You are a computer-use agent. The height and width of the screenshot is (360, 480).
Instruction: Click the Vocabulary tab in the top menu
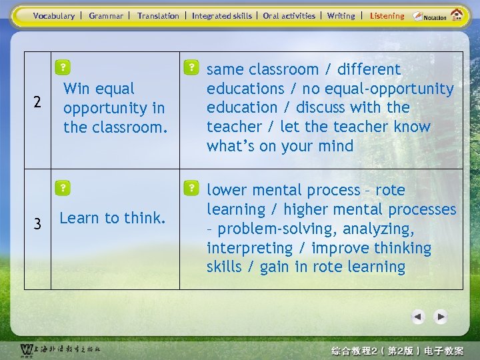[54, 16]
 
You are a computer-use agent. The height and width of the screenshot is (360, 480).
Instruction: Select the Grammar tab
[106, 16]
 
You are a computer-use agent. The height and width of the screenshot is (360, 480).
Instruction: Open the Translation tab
[158, 16]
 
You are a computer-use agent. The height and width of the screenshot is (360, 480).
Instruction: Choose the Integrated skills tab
[222, 16]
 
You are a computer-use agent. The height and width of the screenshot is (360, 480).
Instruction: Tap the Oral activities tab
[289, 16]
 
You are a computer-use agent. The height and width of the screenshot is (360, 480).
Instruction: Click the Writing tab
[341, 16]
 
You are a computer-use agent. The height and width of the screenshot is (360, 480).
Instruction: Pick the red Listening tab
[387, 16]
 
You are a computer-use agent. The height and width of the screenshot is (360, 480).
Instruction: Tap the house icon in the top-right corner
[457, 15]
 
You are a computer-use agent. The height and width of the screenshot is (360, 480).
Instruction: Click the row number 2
[38, 103]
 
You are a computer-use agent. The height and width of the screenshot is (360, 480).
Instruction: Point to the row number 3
[38, 225]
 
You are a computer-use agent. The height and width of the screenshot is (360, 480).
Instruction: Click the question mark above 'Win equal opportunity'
[62, 67]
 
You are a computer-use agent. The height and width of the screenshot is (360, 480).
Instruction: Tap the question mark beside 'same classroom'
[191, 67]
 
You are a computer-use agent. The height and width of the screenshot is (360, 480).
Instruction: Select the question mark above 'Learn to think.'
[62, 189]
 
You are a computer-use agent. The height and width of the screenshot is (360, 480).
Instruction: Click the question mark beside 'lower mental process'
[191, 187]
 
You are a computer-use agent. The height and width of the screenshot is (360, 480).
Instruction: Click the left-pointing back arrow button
[418, 317]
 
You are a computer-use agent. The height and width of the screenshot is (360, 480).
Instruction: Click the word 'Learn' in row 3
[79, 218]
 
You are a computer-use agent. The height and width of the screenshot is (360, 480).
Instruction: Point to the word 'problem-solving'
[260, 229]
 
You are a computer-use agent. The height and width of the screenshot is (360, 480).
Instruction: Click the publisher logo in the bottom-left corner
[59, 349]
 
